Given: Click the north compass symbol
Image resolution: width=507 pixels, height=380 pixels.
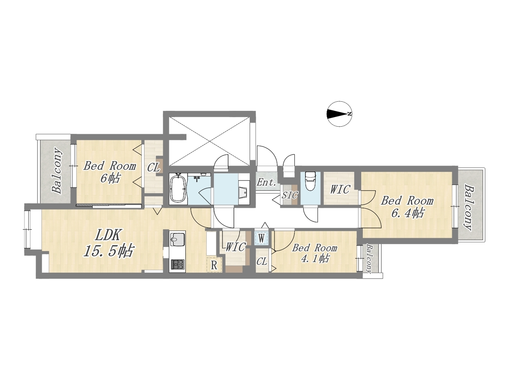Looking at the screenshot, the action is click(339, 114).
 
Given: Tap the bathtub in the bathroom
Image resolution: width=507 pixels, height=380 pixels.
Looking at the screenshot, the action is click(178, 189).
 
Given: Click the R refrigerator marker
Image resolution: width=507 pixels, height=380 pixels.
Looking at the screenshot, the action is click(214, 265).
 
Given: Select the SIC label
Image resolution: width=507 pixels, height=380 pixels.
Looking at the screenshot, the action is click(290, 195).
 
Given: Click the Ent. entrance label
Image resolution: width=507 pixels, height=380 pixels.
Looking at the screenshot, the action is click(266, 183).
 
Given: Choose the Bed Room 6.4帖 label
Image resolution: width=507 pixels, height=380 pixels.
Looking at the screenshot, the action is click(407, 207).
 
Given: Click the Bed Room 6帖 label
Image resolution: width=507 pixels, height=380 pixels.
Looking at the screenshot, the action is click(110, 172).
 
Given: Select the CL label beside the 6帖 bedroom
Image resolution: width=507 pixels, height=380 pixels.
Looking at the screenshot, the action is click(154, 168).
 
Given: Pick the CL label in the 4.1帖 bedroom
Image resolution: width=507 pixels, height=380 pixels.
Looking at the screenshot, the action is click(262, 262).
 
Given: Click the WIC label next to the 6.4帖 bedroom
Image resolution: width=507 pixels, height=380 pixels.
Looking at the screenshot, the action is click(340, 189).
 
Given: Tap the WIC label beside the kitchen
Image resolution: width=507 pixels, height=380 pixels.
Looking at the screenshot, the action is click(235, 247).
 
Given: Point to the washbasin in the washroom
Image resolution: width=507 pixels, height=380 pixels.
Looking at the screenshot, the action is click(244, 192).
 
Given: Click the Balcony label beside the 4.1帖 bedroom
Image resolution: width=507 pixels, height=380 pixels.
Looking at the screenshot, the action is click(369, 259).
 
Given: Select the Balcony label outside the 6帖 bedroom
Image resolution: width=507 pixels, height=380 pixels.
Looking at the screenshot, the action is click(57, 171).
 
